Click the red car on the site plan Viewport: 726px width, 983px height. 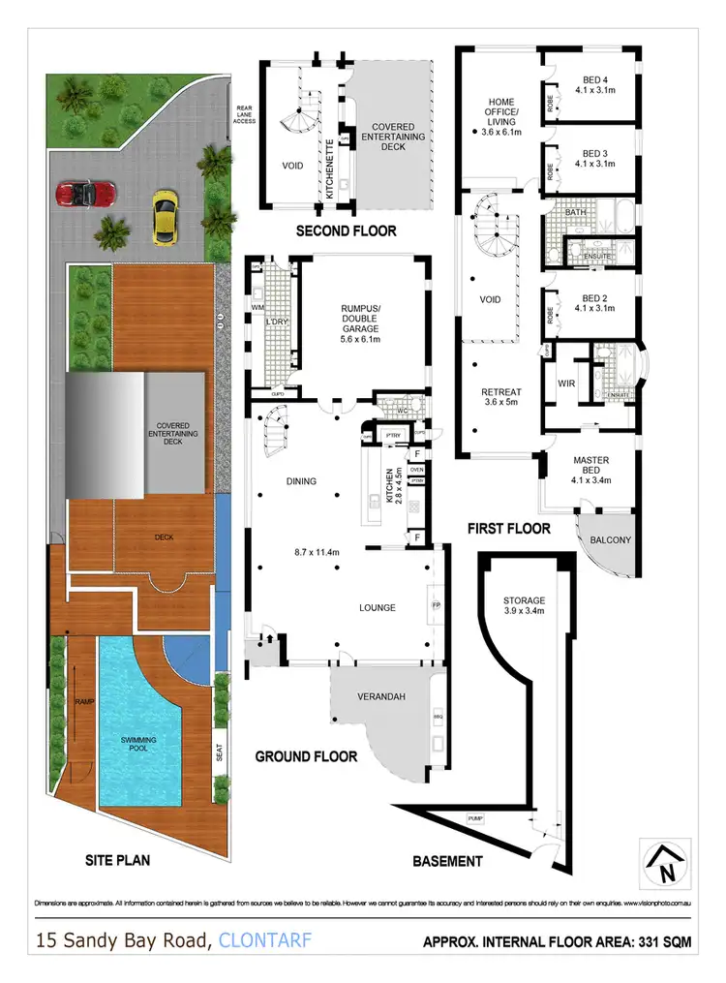(x=86, y=193)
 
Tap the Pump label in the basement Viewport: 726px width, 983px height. (x=474, y=818)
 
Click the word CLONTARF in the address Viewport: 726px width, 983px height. (x=265, y=939)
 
